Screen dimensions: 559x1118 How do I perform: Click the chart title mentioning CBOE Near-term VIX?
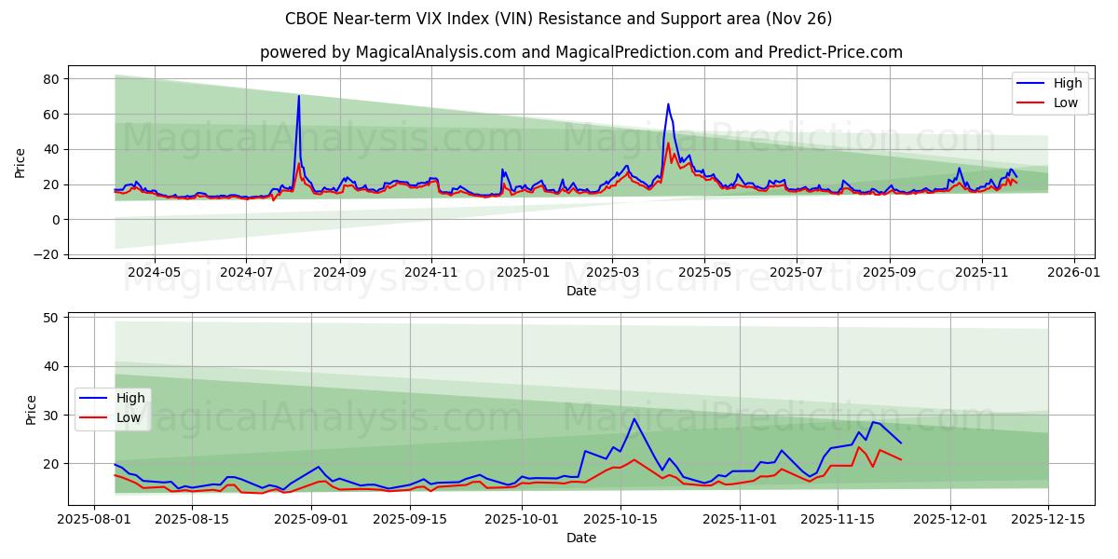pyautogui.click(x=559, y=19)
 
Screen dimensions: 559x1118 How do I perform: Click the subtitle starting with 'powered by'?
pyautogui.click(x=581, y=52)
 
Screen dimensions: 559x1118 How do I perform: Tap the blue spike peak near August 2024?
pyautogui.click(x=298, y=96)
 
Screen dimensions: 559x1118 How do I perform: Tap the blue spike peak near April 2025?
pyautogui.click(x=668, y=104)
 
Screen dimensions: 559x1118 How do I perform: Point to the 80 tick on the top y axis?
pyautogui.click(x=53, y=79)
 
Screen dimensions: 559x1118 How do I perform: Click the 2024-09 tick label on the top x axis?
pyautogui.click(x=339, y=272)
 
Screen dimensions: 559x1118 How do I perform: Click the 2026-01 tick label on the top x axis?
pyautogui.click(x=1074, y=272)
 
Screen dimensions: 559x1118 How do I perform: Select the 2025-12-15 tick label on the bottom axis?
pyautogui.click(x=1048, y=519)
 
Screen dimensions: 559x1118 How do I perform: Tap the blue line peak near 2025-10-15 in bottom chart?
pyautogui.click(x=634, y=418)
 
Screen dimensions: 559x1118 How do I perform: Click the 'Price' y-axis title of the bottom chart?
pyautogui.click(x=31, y=409)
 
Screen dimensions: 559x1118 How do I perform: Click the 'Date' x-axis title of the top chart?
pyautogui.click(x=581, y=291)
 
